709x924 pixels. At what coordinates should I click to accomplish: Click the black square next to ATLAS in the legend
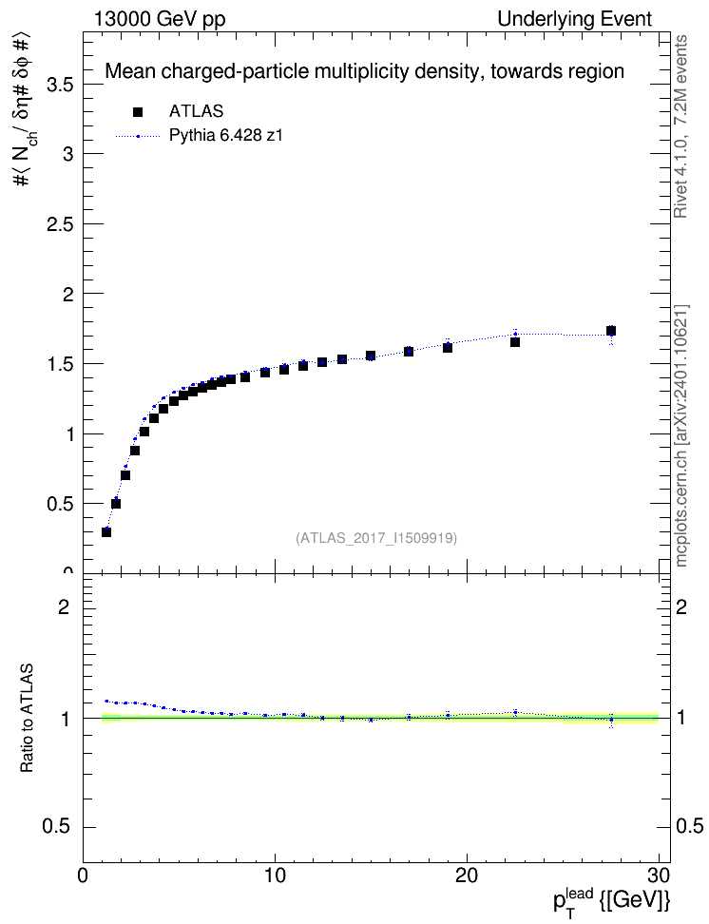(138, 111)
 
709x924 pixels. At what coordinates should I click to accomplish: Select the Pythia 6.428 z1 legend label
(226, 136)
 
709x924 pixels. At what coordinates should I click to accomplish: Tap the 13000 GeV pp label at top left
(160, 19)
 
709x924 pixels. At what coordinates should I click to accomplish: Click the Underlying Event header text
(575, 19)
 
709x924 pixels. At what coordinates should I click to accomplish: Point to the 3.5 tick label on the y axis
(59, 85)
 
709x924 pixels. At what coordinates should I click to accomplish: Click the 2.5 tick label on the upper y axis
(59, 224)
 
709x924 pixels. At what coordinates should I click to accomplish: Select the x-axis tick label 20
(467, 876)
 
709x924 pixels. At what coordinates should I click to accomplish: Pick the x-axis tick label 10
(275, 876)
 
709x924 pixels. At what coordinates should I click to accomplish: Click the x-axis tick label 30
(659, 876)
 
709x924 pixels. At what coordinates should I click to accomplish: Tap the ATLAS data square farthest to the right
(611, 331)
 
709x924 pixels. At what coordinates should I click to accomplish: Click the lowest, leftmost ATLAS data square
(106, 532)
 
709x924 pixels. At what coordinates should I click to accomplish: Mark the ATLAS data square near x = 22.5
(515, 342)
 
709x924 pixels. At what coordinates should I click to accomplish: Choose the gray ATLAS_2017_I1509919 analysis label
(376, 538)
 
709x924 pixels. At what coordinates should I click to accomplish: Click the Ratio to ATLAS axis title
(27, 719)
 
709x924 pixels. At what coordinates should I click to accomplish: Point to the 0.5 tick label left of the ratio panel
(57, 827)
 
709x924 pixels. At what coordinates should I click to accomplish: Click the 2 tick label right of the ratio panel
(681, 606)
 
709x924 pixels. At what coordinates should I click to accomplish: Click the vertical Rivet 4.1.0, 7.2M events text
(680, 126)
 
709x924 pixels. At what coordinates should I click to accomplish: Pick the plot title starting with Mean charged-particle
(364, 71)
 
